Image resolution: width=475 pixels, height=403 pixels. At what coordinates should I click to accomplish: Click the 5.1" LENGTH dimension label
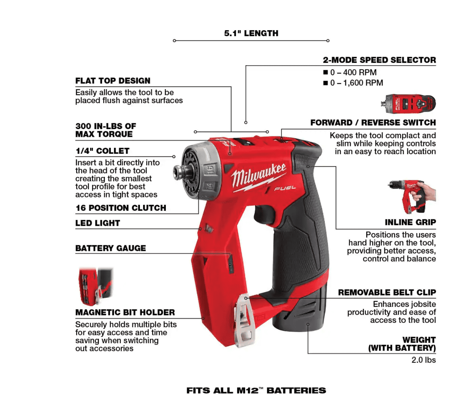click(251, 33)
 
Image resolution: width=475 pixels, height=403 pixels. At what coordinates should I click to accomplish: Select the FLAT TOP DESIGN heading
click(113, 81)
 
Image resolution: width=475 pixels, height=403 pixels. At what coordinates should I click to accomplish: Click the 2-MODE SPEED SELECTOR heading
click(379, 60)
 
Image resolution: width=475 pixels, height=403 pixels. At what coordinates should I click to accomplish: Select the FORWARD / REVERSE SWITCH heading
click(373, 123)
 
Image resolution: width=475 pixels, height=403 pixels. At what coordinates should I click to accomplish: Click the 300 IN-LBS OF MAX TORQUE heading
click(106, 130)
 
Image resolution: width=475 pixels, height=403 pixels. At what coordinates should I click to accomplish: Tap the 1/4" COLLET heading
click(102, 151)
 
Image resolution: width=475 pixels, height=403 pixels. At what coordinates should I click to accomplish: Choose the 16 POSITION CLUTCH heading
click(121, 208)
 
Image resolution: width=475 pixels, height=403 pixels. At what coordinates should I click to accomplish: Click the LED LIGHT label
click(98, 223)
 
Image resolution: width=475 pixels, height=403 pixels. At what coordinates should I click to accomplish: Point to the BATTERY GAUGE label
click(111, 248)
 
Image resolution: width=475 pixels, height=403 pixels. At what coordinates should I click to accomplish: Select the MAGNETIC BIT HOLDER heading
click(125, 312)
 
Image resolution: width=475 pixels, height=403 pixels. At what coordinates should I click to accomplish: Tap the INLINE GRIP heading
click(410, 222)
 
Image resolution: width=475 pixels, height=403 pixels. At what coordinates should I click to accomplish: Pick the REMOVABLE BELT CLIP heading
click(387, 292)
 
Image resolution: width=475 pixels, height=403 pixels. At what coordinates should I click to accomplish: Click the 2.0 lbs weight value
click(423, 360)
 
